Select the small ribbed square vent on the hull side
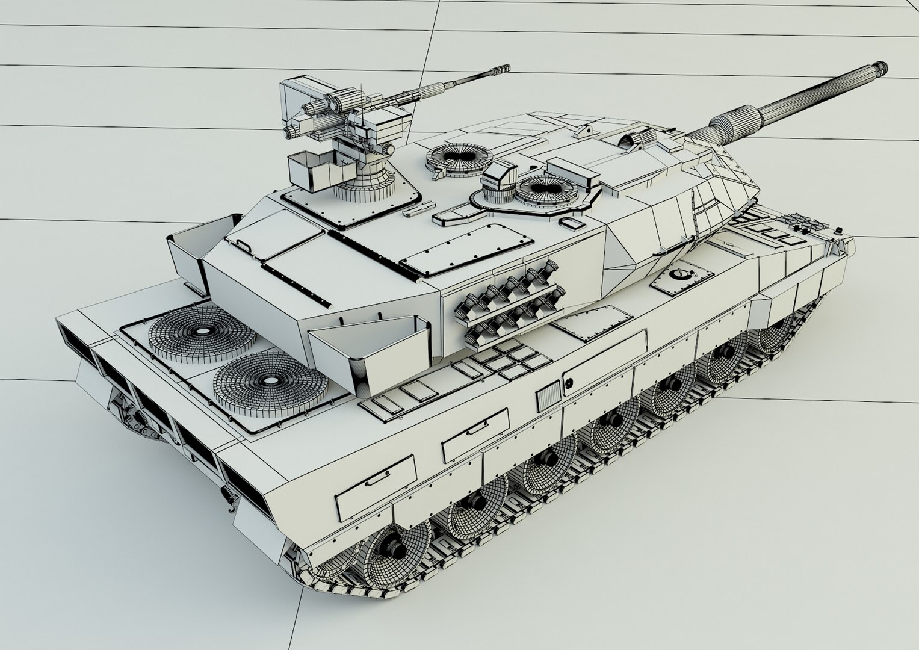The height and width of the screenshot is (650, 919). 548,398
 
